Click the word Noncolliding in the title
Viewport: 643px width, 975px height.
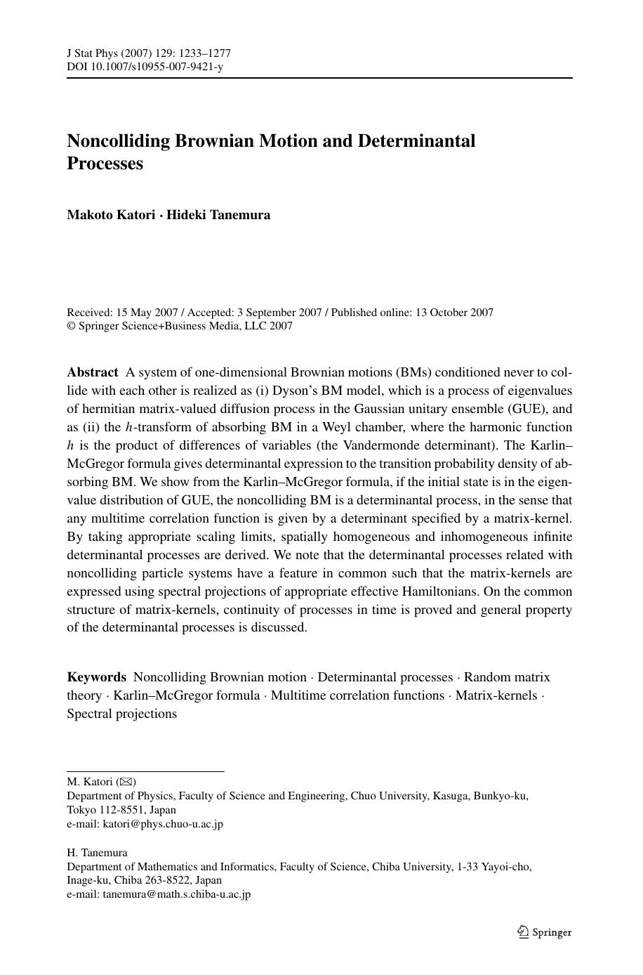(x=118, y=140)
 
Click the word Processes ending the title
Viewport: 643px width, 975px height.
(x=105, y=163)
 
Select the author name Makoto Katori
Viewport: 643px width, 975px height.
(x=111, y=215)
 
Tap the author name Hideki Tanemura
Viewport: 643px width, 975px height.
(x=218, y=215)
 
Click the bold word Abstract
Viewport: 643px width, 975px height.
(x=93, y=372)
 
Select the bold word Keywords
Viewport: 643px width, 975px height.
(x=97, y=677)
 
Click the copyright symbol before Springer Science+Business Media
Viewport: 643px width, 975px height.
(x=71, y=326)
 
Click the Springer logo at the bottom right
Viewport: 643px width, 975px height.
(x=545, y=932)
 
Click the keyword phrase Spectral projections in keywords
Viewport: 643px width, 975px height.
(x=122, y=714)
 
